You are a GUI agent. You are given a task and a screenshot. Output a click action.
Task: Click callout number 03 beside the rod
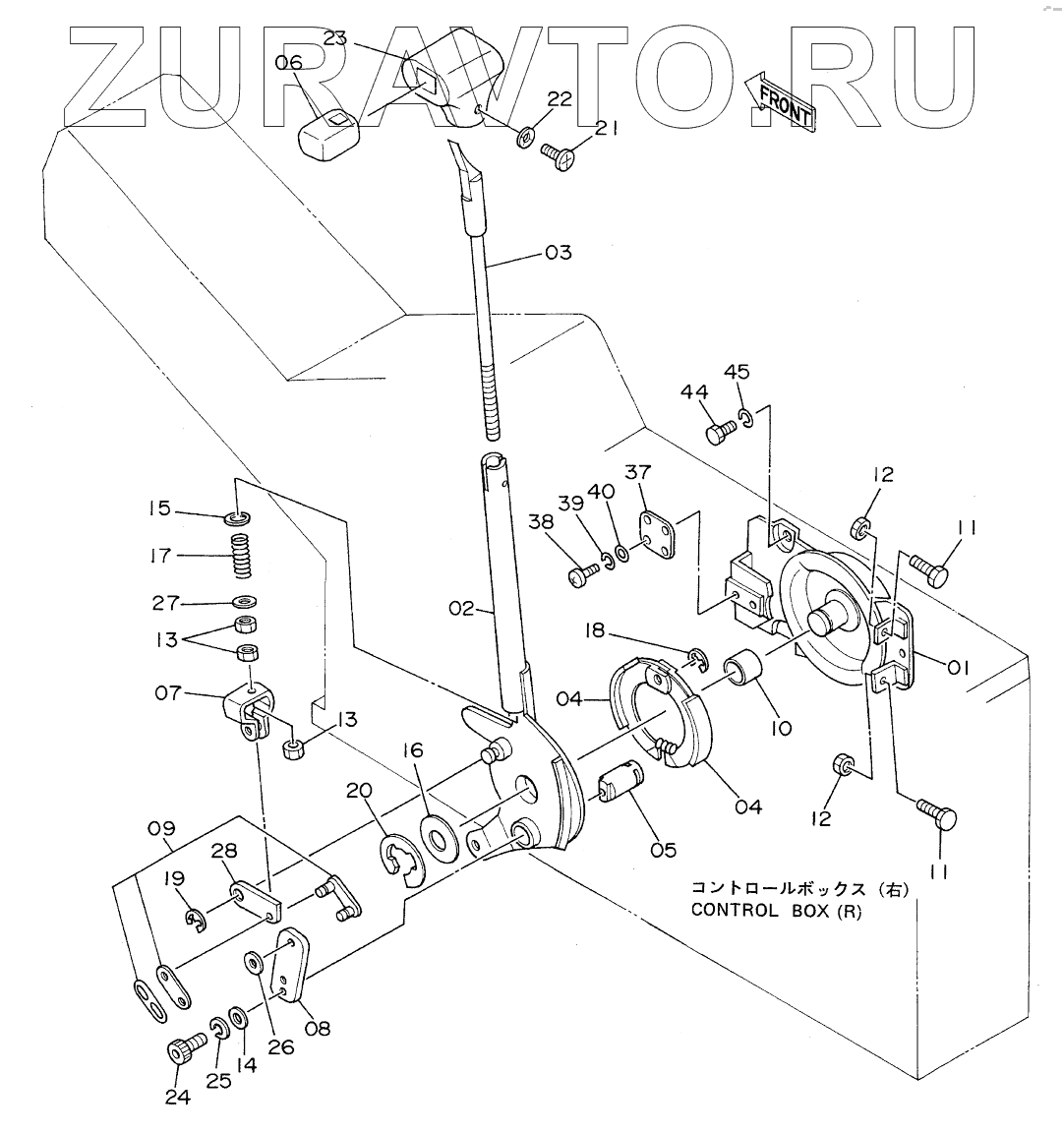[558, 253]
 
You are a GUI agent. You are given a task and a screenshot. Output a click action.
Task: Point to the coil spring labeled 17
[242, 557]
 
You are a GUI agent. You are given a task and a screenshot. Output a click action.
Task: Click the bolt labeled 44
[721, 431]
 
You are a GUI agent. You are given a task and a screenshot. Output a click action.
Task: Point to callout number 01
[959, 667]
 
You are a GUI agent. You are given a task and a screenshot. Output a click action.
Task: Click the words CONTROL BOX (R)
[776, 910]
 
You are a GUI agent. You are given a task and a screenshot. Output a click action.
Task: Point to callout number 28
[224, 849]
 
